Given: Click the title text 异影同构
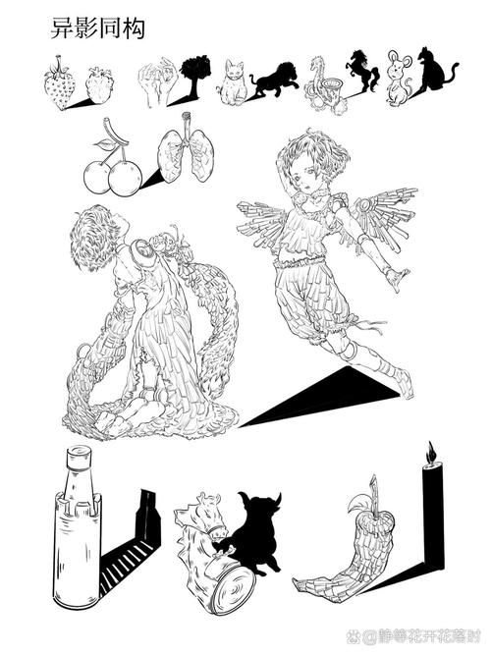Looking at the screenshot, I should pos(97,29).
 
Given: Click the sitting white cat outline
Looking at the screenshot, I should pos(232,82).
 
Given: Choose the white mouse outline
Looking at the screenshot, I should pos(400,79).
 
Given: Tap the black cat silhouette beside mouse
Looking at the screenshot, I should pos(434,74).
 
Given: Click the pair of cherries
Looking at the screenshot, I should pos(111,169).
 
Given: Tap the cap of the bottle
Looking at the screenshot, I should pos(76,459).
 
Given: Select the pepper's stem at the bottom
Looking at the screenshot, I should pos(374,489).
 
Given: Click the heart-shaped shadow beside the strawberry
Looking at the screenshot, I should pos(99,84).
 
